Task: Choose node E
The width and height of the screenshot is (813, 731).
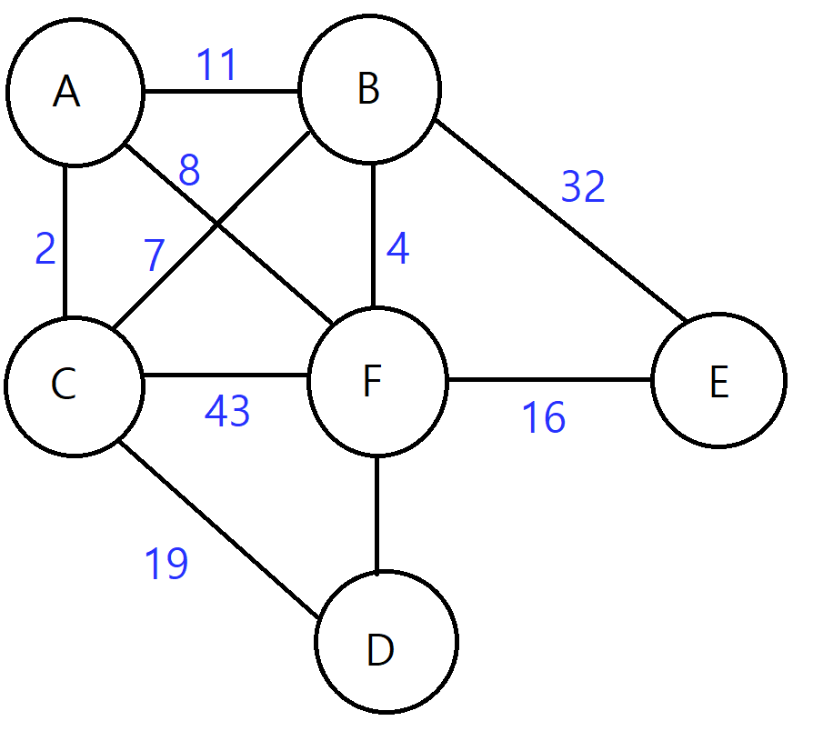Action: pyautogui.click(x=718, y=382)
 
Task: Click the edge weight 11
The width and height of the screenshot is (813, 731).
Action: pyautogui.click(x=217, y=65)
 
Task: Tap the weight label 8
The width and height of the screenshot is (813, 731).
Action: pyautogui.click(x=189, y=171)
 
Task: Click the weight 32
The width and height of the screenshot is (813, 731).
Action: pyautogui.click(x=583, y=187)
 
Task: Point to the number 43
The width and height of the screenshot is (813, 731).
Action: pyautogui.click(x=227, y=412)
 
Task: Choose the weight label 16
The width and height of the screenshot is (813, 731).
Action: pyautogui.click(x=544, y=418)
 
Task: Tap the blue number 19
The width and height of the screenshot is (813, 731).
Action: pyautogui.click(x=166, y=564)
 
